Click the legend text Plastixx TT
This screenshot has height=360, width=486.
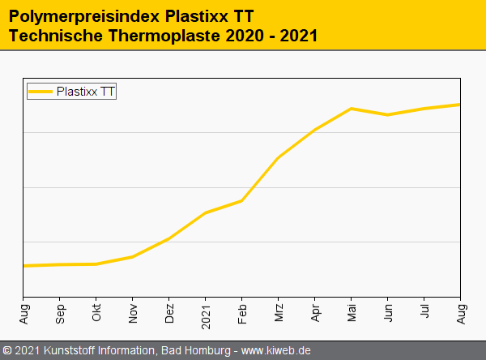click(86, 92)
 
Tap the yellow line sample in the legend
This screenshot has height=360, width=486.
click(41, 92)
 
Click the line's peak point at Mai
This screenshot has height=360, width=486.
click(352, 109)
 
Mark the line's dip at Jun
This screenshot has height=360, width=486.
click(388, 115)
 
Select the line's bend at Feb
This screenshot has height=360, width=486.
click(242, 200)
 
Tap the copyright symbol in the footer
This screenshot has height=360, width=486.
click(7, 350)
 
